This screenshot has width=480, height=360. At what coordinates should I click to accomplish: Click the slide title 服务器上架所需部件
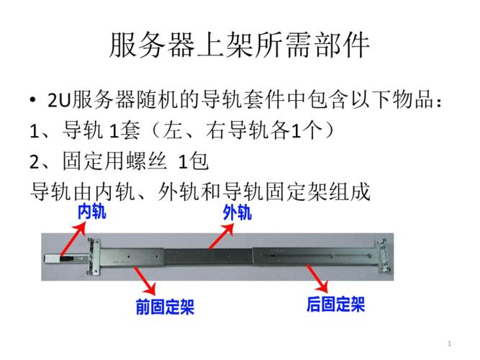pyautogui.click(x=240, y=46)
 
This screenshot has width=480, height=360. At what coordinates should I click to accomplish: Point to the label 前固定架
pyautogui.click(x=165, y=307)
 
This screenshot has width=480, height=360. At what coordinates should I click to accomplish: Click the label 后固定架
pyautogui.click(x=335, y=304)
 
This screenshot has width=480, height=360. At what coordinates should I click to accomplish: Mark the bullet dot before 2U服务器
pyautogui.click(x=34, y=99)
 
